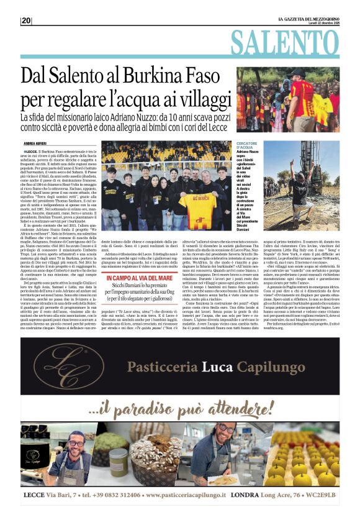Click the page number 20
(x=26, y=20)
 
